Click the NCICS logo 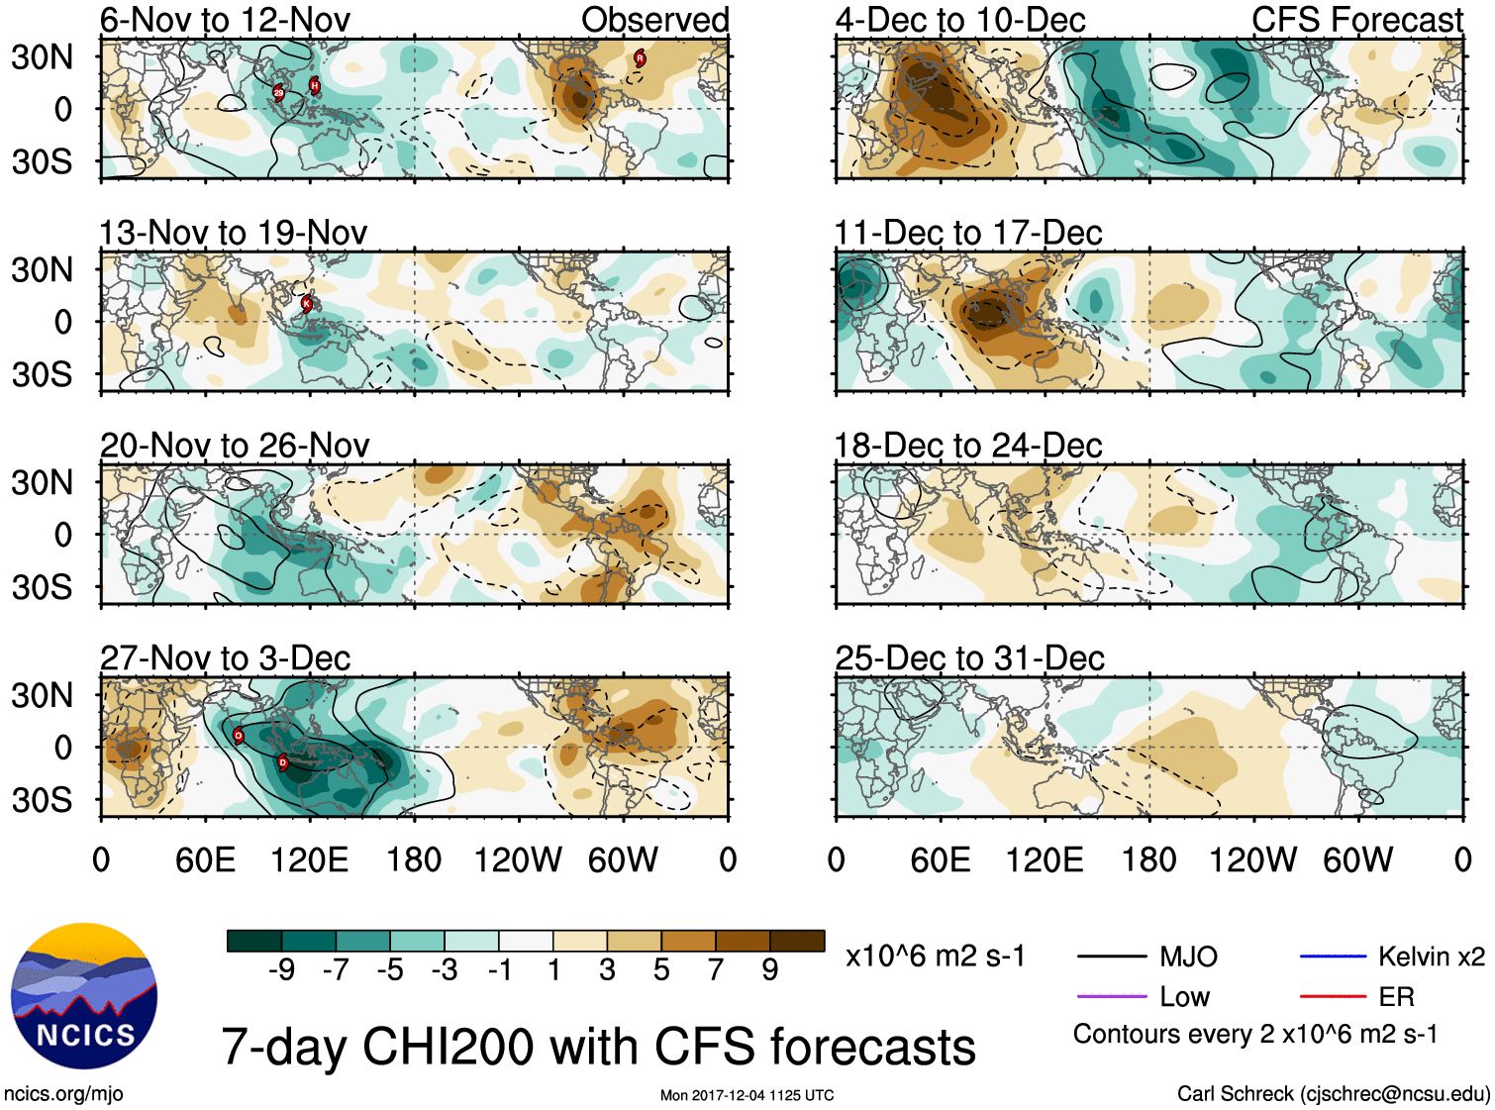[x=84, y=995]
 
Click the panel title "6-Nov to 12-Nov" [x=225, y=20]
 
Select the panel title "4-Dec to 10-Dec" [x=960, y=20]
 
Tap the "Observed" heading [x=654, y=20]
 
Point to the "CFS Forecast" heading [x=1356, y=20]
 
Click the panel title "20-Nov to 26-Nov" [x=235, y=446]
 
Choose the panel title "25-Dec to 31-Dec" [x=969, y=658]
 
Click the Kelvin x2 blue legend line [x=1333, y=957]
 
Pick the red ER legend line [x=1333, y=996]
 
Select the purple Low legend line [x=1111, y=996]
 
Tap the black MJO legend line [x=1111, y=957]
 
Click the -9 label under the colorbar [x=281, y=970]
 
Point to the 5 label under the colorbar [x=661, y=970]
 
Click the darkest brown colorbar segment [x=797, y=941]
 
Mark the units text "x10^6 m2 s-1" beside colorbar [x=935, y=957]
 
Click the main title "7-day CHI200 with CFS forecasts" [x=598, y=1047]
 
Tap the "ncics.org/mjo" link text [x=63, y=1094]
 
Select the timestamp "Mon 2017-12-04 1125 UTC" [x=747, y=1095]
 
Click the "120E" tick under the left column [x=310, y=859]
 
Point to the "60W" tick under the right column [x=1357, y=859]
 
